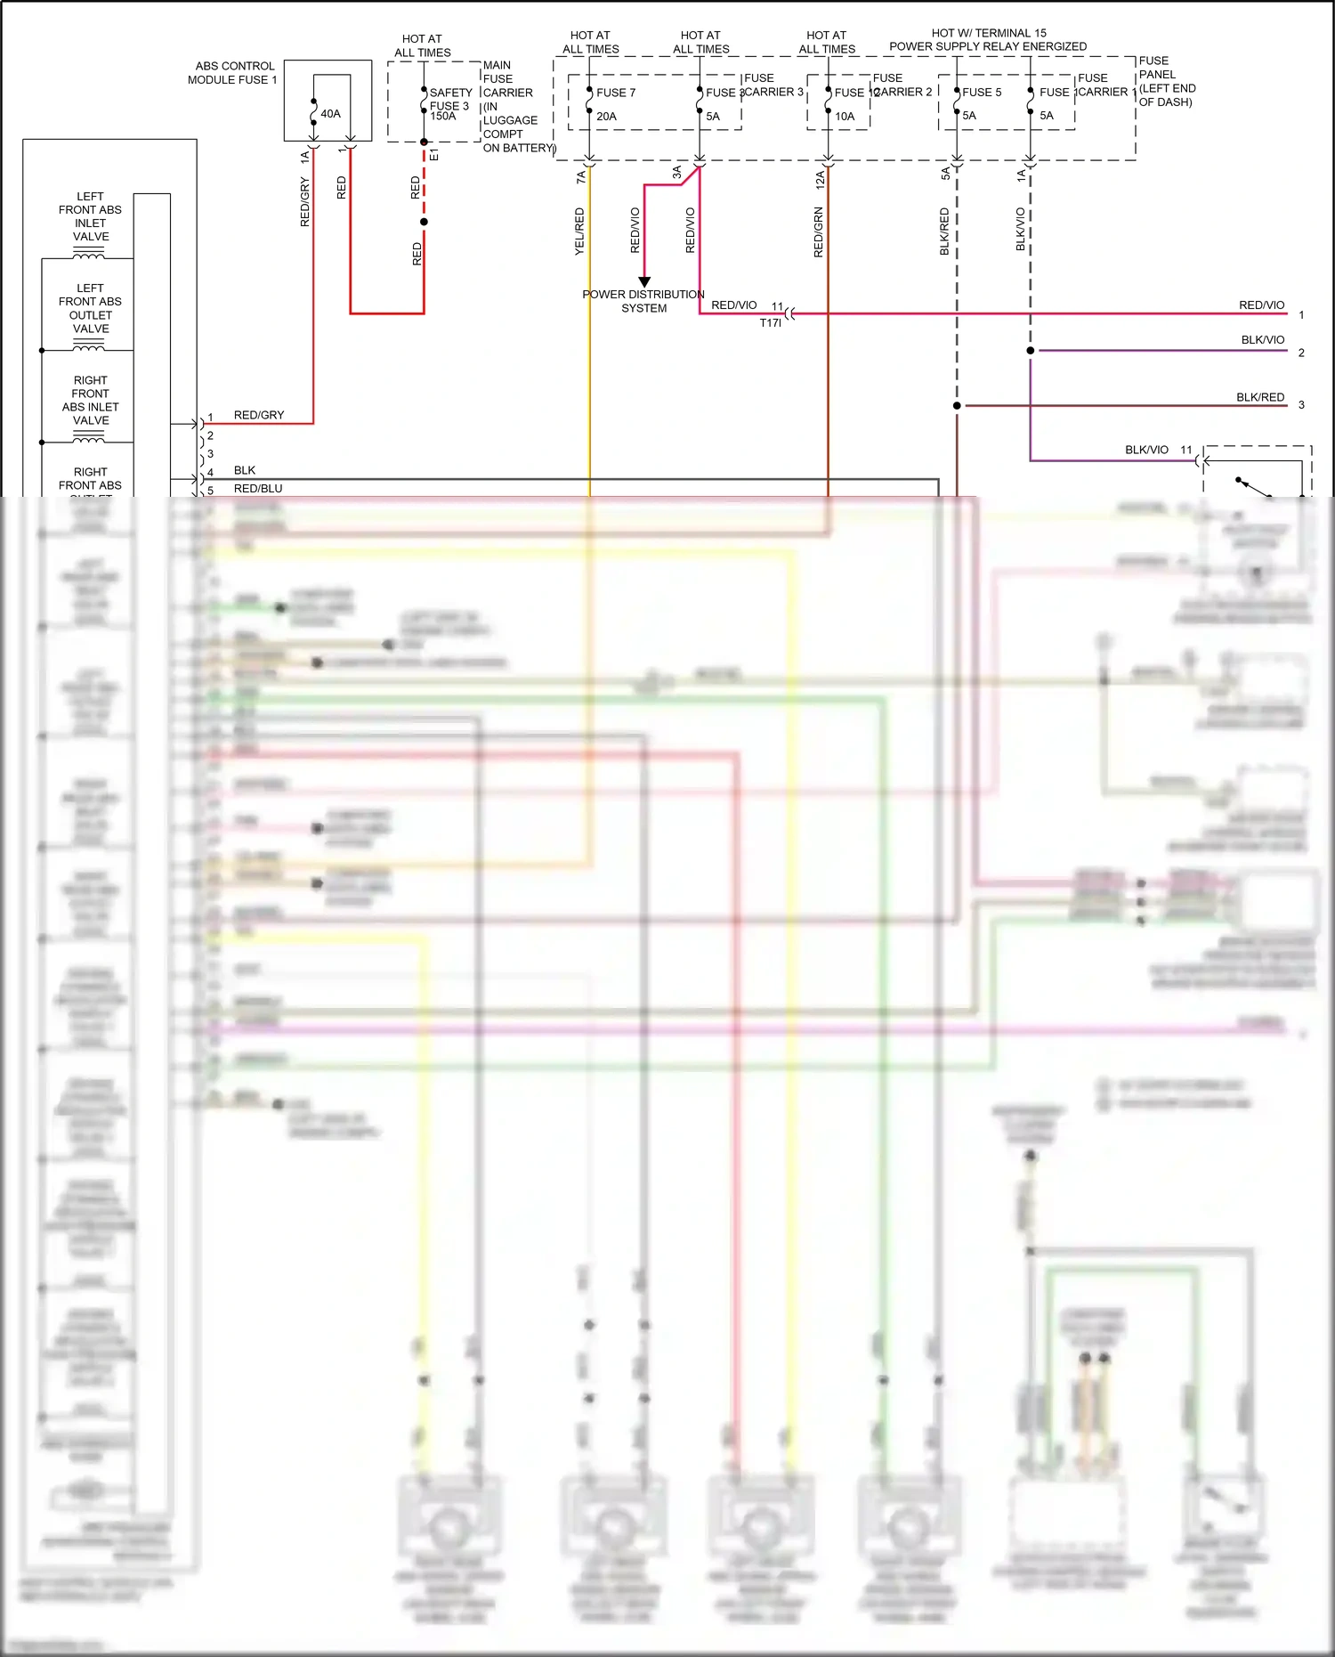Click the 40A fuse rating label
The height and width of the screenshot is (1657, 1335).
click(330, 114)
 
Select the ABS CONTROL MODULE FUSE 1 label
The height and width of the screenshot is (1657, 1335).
click(232, 73)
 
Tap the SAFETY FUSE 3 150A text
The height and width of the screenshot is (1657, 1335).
click(450, 104)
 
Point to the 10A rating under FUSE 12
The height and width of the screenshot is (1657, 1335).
click(845, 117)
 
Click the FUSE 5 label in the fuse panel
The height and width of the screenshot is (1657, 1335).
click(982, 93)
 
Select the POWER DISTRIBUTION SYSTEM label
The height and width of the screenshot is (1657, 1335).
click(643, 301)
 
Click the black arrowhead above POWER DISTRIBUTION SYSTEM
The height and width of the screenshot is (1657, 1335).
click(644, 281)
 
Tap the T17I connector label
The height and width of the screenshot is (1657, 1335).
click(770, 323)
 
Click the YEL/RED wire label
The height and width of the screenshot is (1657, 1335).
click(580, 231)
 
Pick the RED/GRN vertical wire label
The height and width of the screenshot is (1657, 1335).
click(819, 232)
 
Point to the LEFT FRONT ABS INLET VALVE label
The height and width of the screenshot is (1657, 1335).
click(90, 216)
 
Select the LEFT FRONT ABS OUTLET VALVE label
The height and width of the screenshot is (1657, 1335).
click(90, 308)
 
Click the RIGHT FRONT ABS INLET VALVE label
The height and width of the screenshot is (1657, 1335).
click(90, 400)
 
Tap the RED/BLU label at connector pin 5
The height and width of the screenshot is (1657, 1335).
click(258, 489)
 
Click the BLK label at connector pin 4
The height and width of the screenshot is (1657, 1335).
click(245, 470)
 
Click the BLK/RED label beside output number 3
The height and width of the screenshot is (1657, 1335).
click(1259, 397)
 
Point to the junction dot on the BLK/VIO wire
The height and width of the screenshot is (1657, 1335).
click(1031, 351)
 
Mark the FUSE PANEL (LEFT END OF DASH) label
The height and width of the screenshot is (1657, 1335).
click(1167, 82)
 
